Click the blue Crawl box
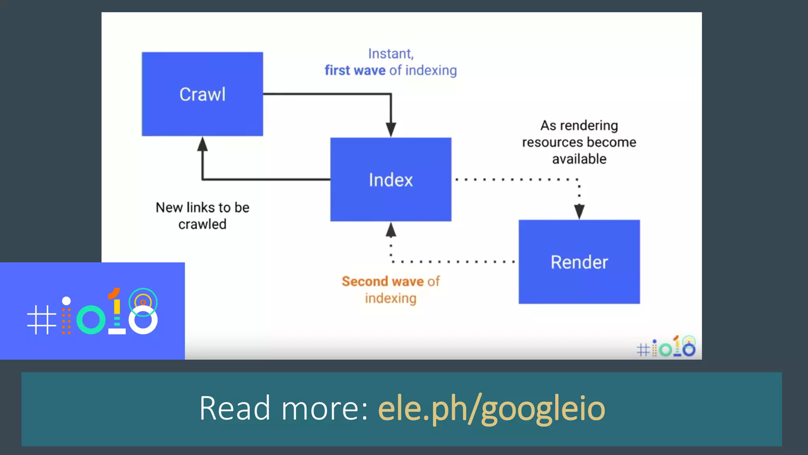pos(202,94)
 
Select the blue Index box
pos(391,180)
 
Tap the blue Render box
pos(579,262)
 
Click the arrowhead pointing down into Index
pos(391,130)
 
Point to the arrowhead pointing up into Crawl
pos(202,144)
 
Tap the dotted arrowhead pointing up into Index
pos(391,230)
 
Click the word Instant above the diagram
pos(391,54)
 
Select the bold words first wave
pos(355,70)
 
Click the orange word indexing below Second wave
pos(391,298)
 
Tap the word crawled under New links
pos(202,224)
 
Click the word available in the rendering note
pos(579,159)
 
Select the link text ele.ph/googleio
pos(491,408)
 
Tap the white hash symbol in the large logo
pos(41,320)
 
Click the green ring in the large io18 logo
pos(91,320)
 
